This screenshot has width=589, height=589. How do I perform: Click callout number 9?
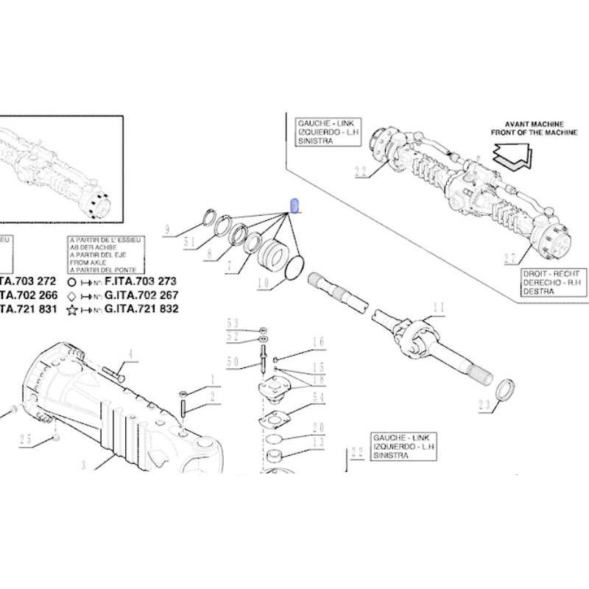[x=167, y=230]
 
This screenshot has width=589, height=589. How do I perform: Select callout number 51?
[x=188, y=244]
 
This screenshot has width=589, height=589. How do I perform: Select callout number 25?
[x=26, y=439]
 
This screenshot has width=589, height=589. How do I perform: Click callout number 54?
[x=319, y=398]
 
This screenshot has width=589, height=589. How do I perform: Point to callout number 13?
[x=319, y=442]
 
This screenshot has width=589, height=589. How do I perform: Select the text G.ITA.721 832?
[x=142, y=309]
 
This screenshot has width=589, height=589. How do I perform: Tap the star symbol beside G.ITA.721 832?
[x=71, y=310]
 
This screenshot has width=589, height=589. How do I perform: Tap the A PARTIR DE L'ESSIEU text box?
[x=106, y=255]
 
